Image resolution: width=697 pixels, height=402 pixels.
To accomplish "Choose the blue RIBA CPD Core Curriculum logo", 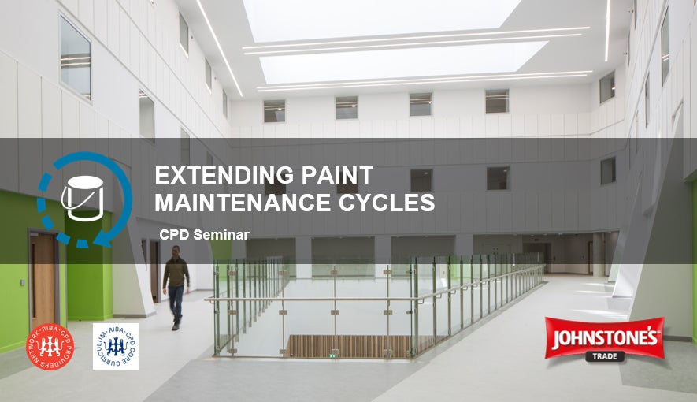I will [x=115, y=345].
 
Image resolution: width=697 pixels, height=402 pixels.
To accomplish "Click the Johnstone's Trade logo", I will [x=604, y=339].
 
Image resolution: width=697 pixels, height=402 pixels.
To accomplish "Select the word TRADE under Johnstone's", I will [x=604, y=355].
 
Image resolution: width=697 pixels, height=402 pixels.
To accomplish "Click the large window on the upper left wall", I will [x=75, y=55].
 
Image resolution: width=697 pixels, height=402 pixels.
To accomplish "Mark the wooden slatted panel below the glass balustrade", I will [x=347, y=345].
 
